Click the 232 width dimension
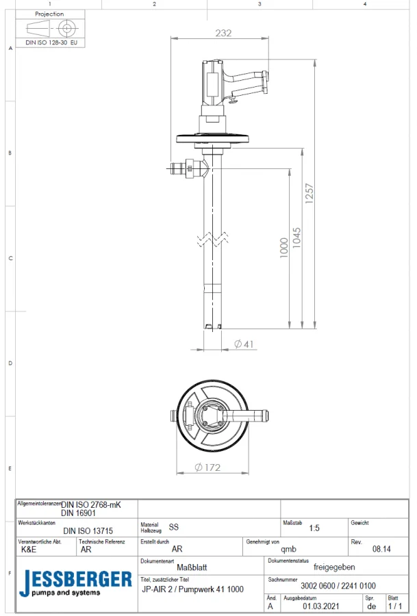point(223,33)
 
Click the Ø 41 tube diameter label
point(245,344)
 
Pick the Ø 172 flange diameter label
point(208,467)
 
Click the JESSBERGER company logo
point(75,583)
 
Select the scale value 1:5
point(314,528)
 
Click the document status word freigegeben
point(333,567)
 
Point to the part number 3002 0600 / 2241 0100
point(338,586)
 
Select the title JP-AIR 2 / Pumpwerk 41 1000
point(192,589)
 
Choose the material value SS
point(173,528)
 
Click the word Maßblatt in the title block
point(192,567)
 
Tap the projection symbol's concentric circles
point(66,28)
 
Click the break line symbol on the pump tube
point(214,240)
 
